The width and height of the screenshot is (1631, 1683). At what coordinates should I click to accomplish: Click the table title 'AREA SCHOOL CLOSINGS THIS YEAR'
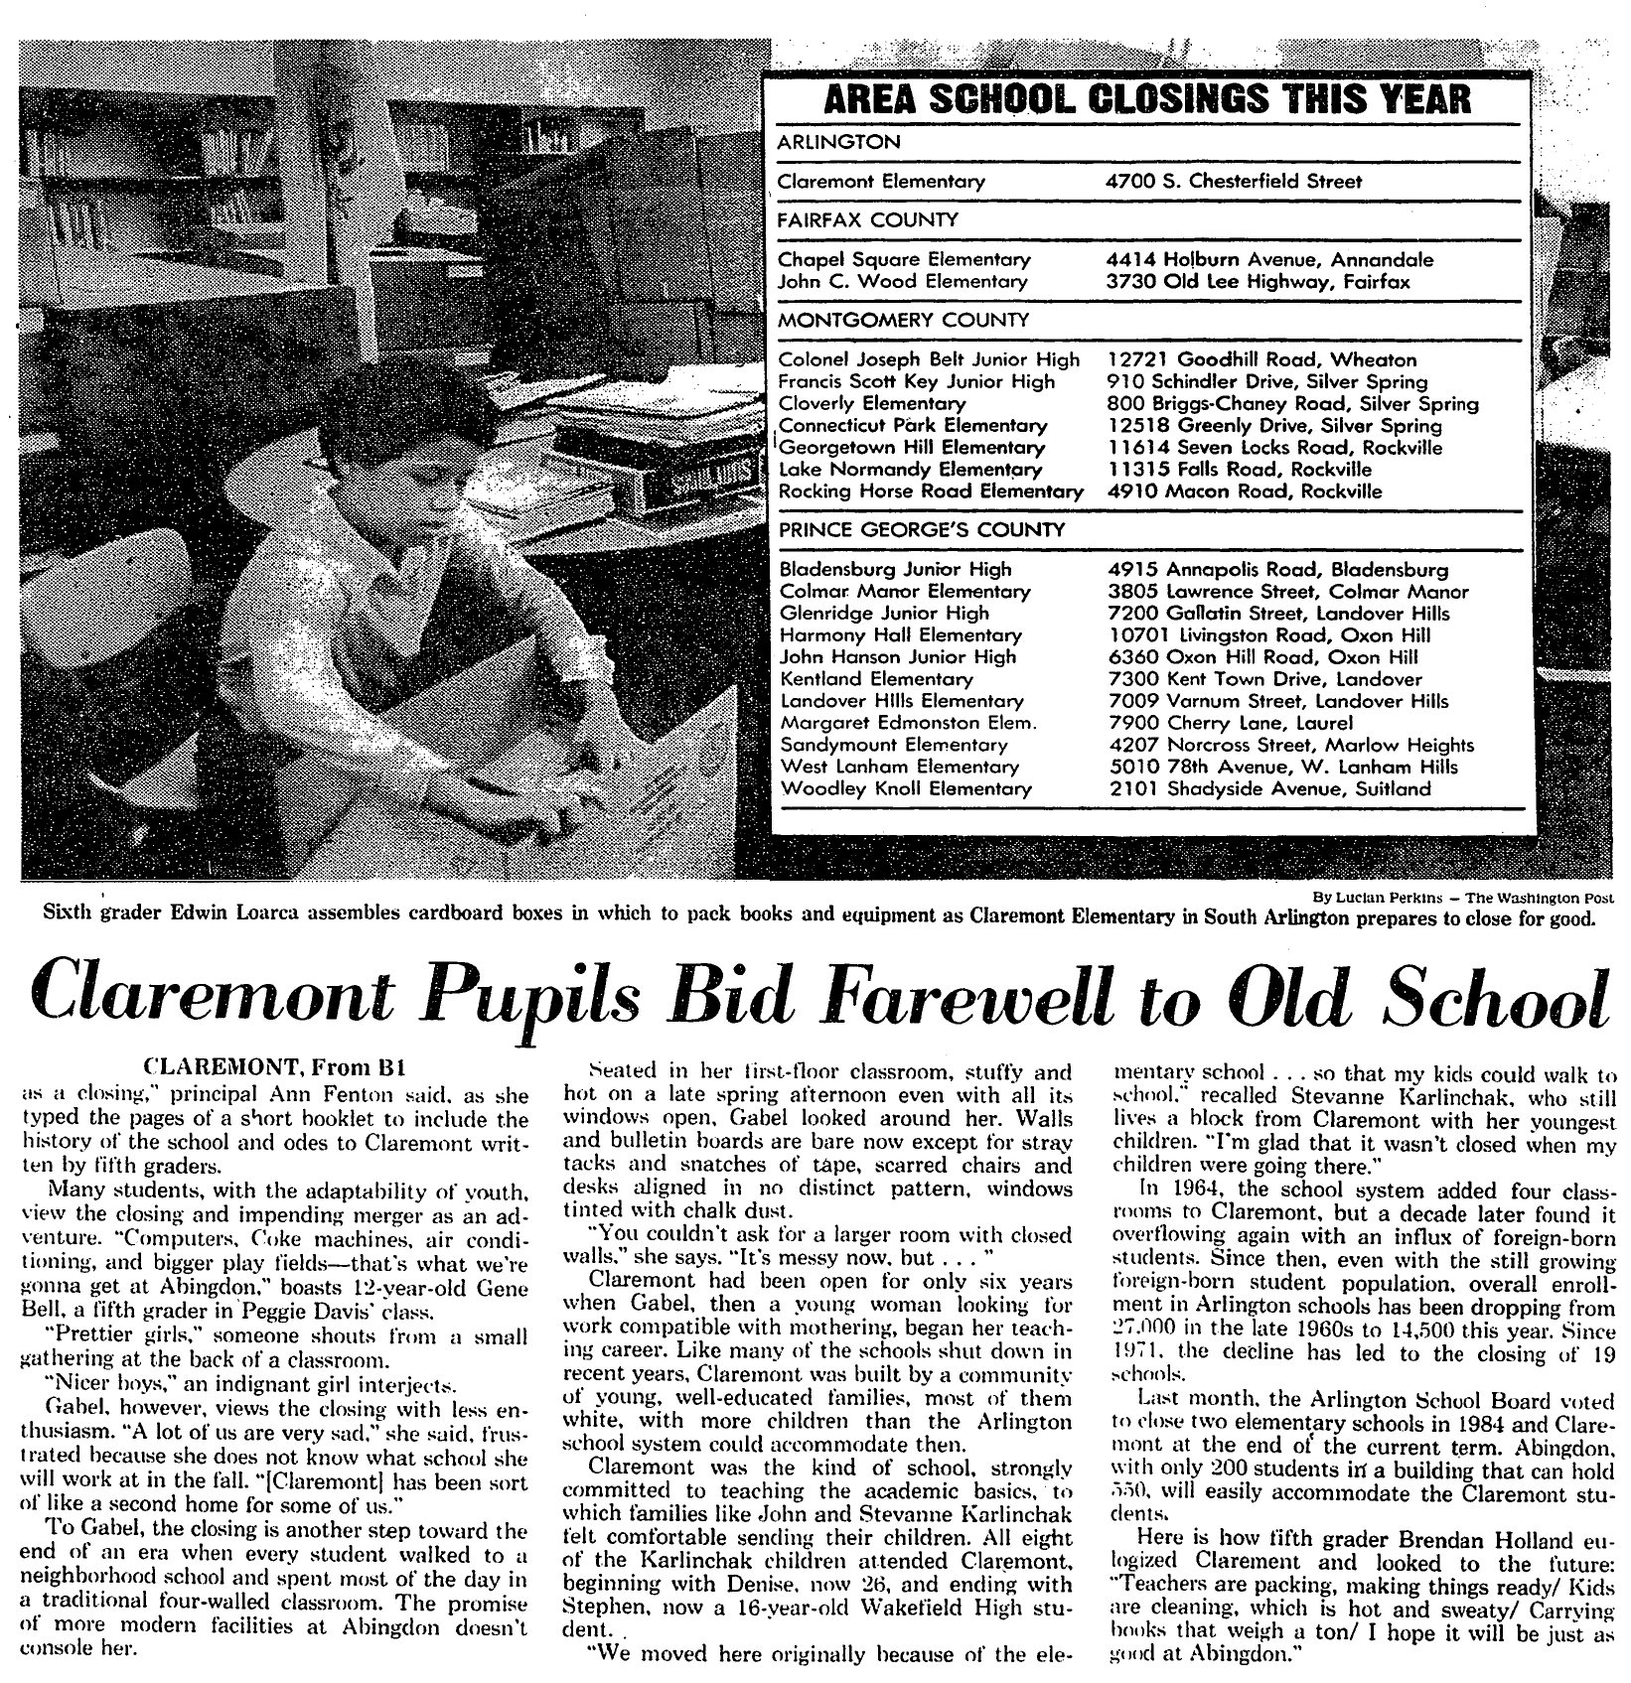coord(1147,99)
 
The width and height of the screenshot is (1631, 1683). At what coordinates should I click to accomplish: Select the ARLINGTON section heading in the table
coord(838,142)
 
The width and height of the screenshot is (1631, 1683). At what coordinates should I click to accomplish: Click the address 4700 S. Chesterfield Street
coord(1234,181)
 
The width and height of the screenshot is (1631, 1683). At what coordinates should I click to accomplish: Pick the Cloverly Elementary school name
coord(871,403)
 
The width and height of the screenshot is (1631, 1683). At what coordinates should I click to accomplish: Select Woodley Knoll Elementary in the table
coord(906,788)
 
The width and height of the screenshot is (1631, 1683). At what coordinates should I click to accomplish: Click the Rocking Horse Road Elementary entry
coord(930,491)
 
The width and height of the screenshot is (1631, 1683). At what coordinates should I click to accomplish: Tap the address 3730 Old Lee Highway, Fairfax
coord(1258,281)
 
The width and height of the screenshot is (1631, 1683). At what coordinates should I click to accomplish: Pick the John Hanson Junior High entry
coord(897,657)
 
